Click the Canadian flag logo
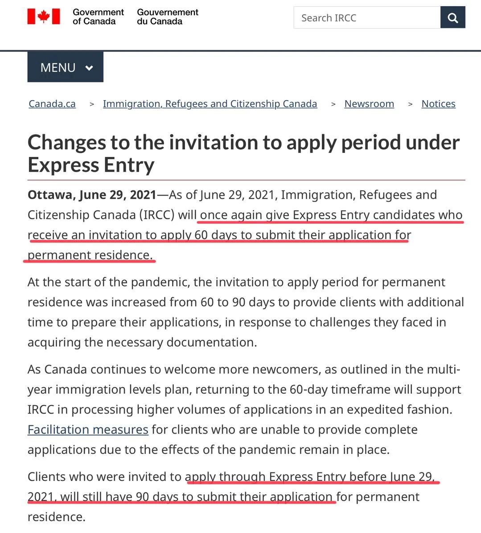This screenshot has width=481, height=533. click(44, 16)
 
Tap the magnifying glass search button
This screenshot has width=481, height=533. click(453, 18)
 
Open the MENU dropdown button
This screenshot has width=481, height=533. click(66, 67)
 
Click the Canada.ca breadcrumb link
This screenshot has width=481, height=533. click(52, 104)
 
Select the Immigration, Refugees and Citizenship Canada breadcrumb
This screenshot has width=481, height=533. click(210, 104)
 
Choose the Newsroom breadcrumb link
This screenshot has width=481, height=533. click(369, 104)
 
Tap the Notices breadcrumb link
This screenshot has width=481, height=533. click(438, 104)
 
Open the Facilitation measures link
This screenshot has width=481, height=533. click(88, 430)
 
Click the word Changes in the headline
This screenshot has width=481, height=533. click(66, 143)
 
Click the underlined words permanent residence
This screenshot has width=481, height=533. click(90, 255)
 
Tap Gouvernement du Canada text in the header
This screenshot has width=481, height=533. click(167, 17)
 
